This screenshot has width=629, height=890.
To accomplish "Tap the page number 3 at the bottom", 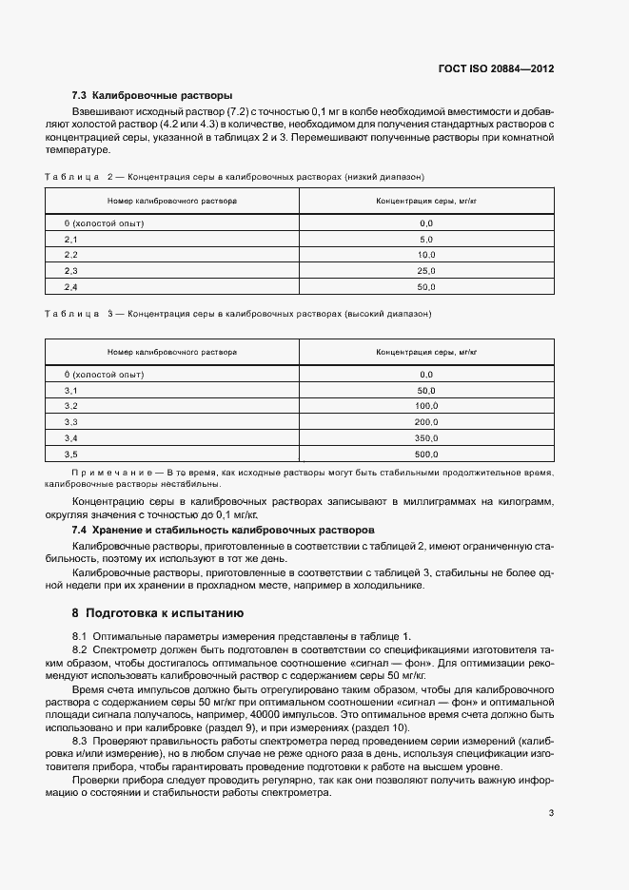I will (551, 813).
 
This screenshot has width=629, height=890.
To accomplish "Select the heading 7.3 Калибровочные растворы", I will (152, 95).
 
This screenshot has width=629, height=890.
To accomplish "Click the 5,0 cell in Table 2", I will (425, 239).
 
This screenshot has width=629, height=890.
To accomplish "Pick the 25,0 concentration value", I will (425, 271).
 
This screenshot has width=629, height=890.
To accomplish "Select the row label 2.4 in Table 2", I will (70, 287).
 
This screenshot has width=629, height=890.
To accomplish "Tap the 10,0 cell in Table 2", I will (425, 255).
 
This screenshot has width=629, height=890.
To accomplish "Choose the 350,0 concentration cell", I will (425, 438).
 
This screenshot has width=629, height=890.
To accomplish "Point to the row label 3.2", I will (70, 406).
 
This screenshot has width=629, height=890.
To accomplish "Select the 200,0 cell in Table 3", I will (425, 422).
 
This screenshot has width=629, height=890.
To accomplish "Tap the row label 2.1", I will (70, 239).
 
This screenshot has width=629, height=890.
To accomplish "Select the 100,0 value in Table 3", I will (425, 406).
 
